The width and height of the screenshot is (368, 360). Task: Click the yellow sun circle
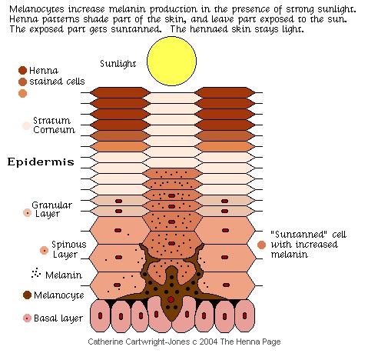pyautogui.click(x=171, y=61)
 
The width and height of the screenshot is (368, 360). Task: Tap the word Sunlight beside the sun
pyautogui.click(x=118, y=64)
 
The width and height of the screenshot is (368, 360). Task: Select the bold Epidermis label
pyautogui.click(x=41, y=162)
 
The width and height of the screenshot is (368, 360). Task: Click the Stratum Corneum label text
pyautogui.click(x=54, y=125)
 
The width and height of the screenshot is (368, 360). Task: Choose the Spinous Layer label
pyautogui.click(x=69, y=249)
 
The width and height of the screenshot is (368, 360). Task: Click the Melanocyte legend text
pyautogui.click(x=59, y=295)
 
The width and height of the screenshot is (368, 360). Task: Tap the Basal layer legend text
pyautogui.click(x=58, y=318)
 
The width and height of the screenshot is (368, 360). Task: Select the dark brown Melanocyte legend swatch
pyautogui.click(x=27, y=295)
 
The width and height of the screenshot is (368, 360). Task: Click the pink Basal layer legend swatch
pyautogui.click(x=27, y=318)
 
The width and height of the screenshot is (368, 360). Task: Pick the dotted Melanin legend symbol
pyautogui.click(x=36, y=273)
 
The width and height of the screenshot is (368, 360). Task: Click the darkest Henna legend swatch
pyautogui.click(x=22, y=70)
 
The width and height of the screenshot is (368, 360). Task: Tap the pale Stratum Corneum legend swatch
pyautogui.click(x=26, y=125)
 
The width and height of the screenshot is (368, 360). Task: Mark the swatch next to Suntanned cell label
pyautogui.click(x=261, y=245)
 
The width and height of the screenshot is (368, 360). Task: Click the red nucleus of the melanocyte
pyautogui.click(x=171, y=299)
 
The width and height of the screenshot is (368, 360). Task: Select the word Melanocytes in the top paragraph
pyautogui.click(x=36, y=9)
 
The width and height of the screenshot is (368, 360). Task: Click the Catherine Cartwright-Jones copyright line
pyautogui.click(x=184, y=342)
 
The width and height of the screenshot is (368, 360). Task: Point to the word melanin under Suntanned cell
pyautogui.click(x=290, y=255)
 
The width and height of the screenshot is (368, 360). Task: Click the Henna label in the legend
pyautogui.click(x=44, y=71)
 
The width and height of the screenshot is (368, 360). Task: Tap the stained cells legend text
pyautogui.click(x=57, y=82)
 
